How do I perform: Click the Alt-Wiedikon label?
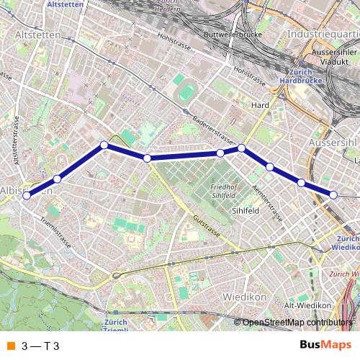tap(303, 305)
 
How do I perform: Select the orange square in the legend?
tap(10, 345)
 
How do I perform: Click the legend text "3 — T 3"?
tap(40, 345)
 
